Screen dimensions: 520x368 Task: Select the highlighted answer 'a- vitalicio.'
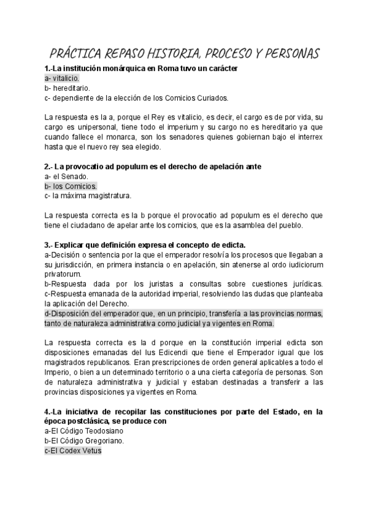62,78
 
